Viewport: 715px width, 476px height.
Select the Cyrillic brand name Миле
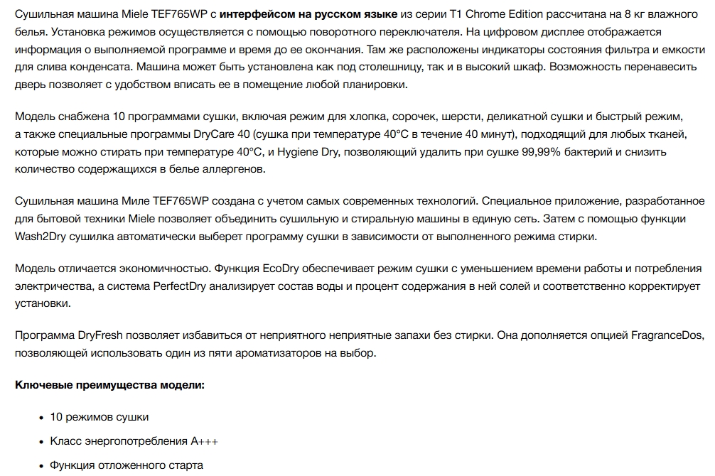click(117, 202)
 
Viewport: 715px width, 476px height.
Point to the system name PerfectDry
click(181, 286)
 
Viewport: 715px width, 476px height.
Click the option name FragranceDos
click(665, 335)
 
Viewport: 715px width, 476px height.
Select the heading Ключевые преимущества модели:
click(109, 385)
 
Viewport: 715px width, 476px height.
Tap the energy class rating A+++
click(205, 441)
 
